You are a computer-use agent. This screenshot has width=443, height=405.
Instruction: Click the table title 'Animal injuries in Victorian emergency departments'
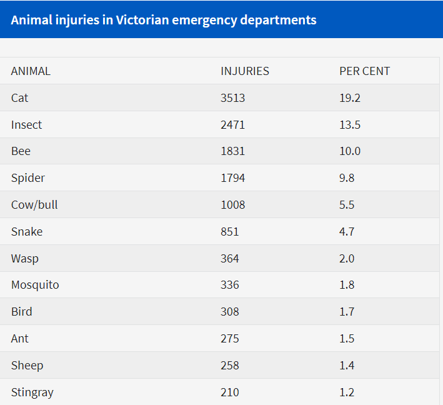[164, 19]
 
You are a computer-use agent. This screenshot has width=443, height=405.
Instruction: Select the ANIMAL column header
[31, 71]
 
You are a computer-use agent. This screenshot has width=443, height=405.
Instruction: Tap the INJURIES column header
[245, 71]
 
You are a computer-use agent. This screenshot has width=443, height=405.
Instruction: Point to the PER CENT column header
[364, 71]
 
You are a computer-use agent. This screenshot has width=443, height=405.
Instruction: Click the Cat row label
[19, 98]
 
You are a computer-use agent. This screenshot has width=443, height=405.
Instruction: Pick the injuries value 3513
[232, 98]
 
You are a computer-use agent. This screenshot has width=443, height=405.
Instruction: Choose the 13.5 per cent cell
[350, 125]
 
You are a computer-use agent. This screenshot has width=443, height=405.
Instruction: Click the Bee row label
[21, 151]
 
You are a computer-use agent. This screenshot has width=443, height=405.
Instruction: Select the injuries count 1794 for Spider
[232, 178]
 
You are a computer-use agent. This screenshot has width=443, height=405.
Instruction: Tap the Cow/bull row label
[34, 205]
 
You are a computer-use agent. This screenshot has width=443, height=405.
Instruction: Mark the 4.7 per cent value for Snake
[347, 232]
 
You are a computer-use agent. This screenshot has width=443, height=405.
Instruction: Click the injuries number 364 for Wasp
[230, 258]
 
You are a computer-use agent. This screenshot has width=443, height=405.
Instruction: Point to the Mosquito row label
[35, 285]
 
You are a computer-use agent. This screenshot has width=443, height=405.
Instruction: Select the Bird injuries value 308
[230, 312]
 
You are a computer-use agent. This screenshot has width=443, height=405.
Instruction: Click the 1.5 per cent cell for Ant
[347, 339]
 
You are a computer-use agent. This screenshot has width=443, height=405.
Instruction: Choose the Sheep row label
[27, 366]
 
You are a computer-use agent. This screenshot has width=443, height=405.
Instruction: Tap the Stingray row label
[32, 392]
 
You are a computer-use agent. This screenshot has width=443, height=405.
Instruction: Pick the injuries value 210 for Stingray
[230, 392]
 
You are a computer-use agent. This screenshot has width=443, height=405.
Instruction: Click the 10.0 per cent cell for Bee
[350, 151]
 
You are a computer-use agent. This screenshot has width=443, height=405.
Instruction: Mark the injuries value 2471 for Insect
[232, 125]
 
